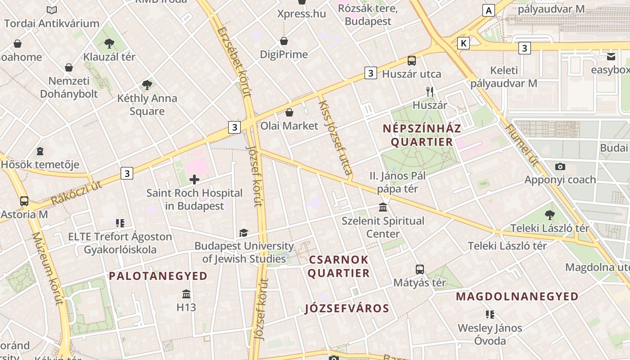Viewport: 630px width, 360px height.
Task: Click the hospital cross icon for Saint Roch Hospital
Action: [x=194, y=180]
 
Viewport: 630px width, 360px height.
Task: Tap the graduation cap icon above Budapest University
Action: [x=243, y=233]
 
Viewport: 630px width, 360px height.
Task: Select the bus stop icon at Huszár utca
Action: [x=411, y=61]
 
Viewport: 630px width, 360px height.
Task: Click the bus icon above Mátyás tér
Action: [x=419, y=270]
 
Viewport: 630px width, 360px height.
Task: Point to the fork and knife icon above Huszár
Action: [x=430, y=92]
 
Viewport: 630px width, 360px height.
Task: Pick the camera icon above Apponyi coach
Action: [x=560, y=166]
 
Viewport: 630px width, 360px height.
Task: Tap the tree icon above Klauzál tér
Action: [x=109, y=44]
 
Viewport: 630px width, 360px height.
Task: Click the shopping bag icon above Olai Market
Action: [x=289, y=112]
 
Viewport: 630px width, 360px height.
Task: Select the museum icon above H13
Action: [x=186, y=294]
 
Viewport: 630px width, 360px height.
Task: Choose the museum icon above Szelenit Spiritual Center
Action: [x=383, y=207]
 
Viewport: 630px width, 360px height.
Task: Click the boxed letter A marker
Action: [x=488, y=10]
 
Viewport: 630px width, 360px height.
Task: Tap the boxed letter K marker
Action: [x=463, y=43]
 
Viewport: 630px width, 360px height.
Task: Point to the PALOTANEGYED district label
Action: [x=158, y=276]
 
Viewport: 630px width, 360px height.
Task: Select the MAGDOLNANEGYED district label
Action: [x=517, y=297]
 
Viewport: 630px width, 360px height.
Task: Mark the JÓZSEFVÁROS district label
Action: [x=347, y=308]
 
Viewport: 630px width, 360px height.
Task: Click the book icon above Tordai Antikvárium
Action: [x=52, y=10]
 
